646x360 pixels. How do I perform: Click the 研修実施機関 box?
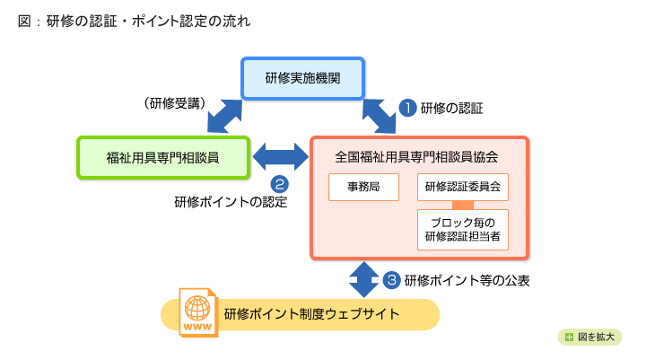click(302, 78)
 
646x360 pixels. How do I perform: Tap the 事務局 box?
click(362, 187)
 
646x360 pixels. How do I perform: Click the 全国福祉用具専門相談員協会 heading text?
click(416, 155)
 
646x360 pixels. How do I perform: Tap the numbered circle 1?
click(407, 108)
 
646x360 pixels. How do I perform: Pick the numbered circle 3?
click(391, 279)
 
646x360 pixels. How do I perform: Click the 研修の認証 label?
click(452, 109)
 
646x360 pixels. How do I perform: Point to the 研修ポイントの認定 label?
click(231, 201)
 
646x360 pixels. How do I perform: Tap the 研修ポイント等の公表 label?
click(467, 280)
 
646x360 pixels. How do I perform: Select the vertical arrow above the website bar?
click(363, 278)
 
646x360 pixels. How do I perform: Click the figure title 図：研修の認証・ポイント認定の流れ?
click(135, 20)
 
